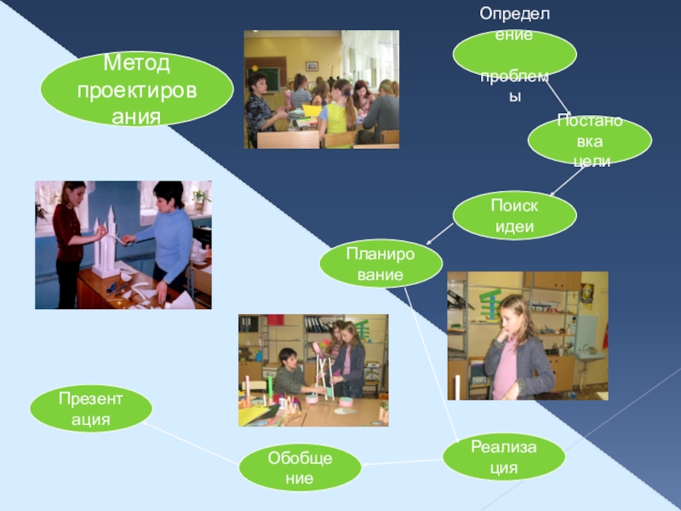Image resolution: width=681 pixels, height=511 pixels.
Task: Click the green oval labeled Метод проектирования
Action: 136,89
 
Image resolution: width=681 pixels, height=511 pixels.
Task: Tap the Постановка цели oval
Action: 589,140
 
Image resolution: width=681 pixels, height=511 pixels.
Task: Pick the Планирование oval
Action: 381,263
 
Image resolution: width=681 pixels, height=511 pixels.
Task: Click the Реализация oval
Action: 504,457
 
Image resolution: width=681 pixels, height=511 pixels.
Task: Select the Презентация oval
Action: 91,409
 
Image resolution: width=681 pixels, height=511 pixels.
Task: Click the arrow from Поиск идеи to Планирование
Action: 439,232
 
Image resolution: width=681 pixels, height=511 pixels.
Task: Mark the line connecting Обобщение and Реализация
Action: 403,462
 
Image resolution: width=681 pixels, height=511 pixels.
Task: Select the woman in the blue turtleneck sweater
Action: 167,234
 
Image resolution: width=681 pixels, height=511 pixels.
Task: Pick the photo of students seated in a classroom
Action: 321,89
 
